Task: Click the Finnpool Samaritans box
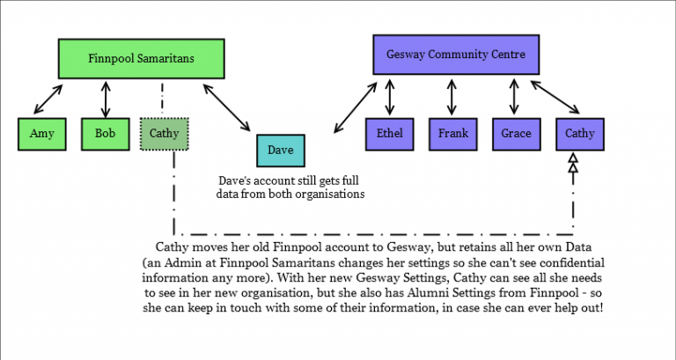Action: point(142,59)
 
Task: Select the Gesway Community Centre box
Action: point(456,55)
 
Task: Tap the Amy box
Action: point(42,134)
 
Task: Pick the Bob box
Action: point(106,134)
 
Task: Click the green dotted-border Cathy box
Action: point(165,134)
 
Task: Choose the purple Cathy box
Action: point(580,134)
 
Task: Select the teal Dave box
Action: point(281,151)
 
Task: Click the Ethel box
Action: point(389,134)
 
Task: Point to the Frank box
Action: point(452,134)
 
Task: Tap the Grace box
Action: point(516,134)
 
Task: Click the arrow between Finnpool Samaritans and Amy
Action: point(48,99)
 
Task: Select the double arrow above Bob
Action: point(106,99)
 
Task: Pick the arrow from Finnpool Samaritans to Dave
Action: point(227,107)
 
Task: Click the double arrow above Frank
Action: point(452,97)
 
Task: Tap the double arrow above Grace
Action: point(514,96)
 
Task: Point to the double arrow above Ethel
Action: point(390,97)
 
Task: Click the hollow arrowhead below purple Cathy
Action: point(573,163)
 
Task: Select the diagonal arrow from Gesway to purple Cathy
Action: point(555,97)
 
